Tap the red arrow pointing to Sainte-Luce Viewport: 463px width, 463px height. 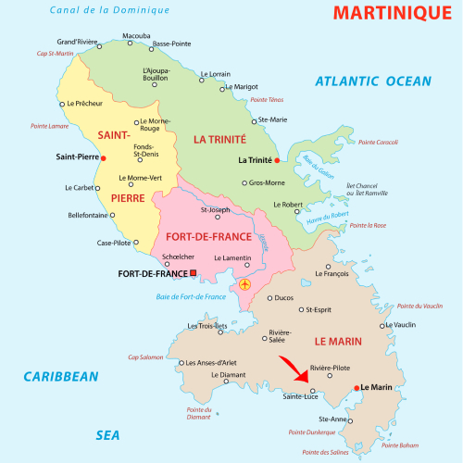tap(295, 369)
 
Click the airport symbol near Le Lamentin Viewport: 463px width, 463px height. tap(244, 284)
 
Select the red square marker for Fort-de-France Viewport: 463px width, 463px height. tap(194, 273)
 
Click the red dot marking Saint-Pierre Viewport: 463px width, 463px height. tap(104, 157)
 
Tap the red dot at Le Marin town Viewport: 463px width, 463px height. tap(356, 387)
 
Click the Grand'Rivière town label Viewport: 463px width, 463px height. tap(78, 42)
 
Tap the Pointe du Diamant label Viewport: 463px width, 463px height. tap(198, 414)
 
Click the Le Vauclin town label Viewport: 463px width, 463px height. tap(397, 326)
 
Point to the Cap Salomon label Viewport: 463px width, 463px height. tap(145, 357)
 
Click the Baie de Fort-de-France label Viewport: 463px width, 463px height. tap(192, 296)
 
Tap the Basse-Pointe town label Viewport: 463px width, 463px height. tap(170, 44)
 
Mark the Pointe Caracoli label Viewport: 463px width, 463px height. tap(378, 142)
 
